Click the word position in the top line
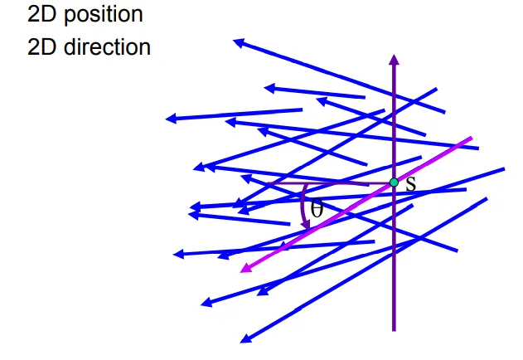point(103,15)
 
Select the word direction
point(107,46)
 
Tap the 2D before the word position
point(41,14)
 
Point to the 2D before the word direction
point(41,46)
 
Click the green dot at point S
point(394,182)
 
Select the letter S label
point(411,183)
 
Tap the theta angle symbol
point(317,207)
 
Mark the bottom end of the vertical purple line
point(394,331)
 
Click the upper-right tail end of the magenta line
point(472,138)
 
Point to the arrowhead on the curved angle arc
point(306,226)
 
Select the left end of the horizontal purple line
point(268,183)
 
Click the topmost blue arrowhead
point(237,42)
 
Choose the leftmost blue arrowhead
point(170,119)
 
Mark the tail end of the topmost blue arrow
point(444,113)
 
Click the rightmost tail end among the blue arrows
point(504,169)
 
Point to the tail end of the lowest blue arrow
point(487,199)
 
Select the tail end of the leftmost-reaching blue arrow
point(302,109)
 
